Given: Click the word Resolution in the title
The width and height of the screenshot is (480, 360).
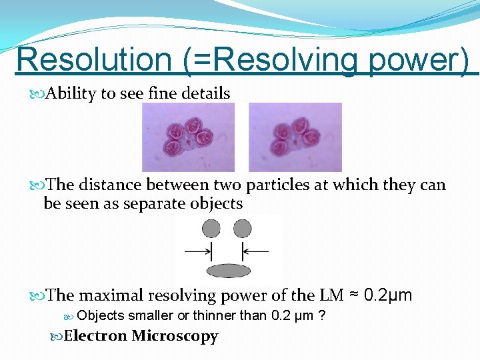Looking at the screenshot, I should click(x=93, y=59).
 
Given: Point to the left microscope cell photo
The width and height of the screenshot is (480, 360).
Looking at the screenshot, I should click(x=188, y=137).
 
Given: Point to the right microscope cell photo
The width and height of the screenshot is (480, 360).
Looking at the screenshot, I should click(x=295, y=137).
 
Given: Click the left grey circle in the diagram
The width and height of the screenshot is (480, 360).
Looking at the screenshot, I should click(x=211, y=229).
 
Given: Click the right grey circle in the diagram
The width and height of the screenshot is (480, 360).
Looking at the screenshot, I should click(x=243, y=229).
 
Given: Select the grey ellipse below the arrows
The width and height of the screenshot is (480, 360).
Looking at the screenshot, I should click(x=229, y=270).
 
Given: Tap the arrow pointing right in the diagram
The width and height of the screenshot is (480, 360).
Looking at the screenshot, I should click(x=198, y=251).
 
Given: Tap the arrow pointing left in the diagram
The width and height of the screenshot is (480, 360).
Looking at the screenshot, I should click(x=255, y=251).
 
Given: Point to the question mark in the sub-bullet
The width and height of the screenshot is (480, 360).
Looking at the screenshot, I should click(x=322, y=315).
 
